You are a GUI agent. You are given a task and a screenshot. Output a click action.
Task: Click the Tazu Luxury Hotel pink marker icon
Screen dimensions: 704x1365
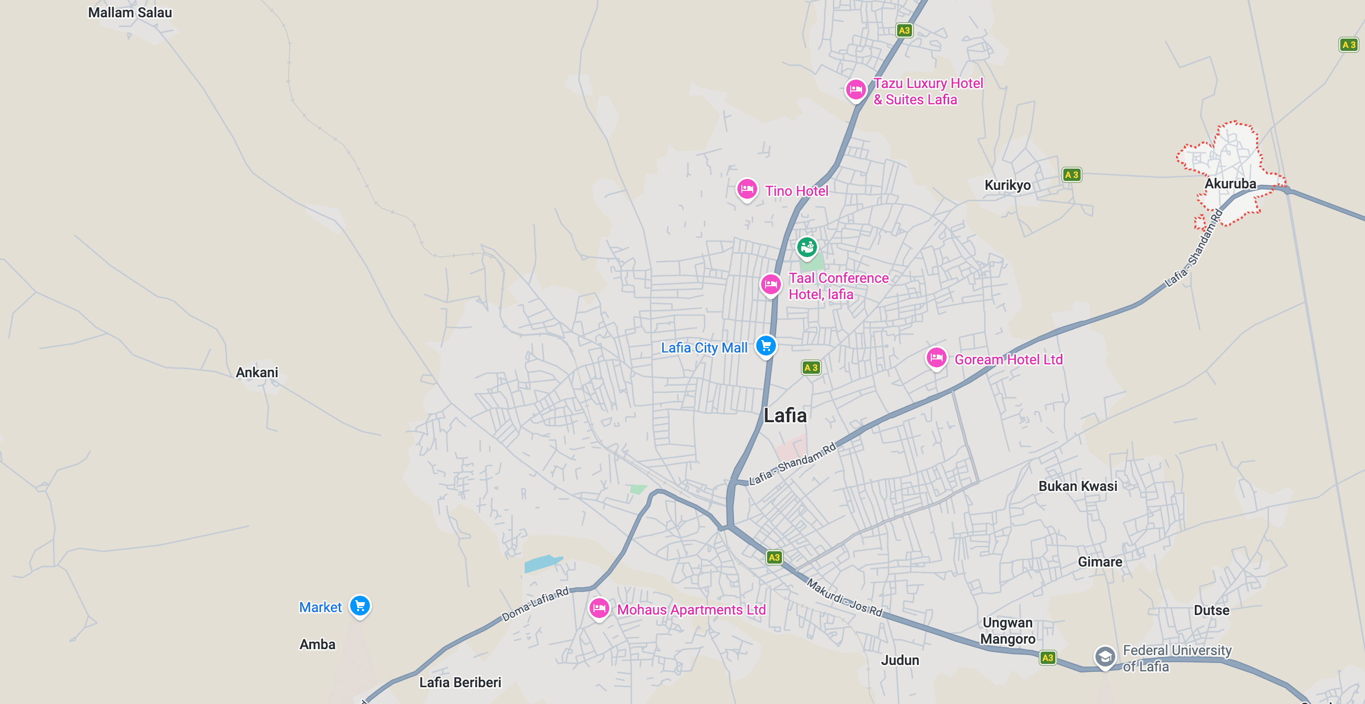pyautogui.click(x=855, y=89)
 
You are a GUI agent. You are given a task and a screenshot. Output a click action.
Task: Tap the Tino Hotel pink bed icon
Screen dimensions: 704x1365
pyautogui.click(x=747, y=188)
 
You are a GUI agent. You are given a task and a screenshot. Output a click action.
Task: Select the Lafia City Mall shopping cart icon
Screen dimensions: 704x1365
pyautogui.click(x=766, y=346)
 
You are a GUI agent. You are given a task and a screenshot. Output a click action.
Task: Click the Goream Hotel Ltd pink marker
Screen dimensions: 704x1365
pyautogui.click(x=936, y=357)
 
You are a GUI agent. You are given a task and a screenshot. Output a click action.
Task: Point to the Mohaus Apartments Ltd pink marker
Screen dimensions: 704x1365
pyautogui.click(x=599, y=608)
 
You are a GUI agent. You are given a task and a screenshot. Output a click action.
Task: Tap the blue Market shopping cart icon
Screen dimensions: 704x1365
pyautogui.click(x=360, y=606)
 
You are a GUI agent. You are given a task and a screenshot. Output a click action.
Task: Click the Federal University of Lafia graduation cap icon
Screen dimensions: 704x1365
pyautogui.click(x=1104, y=657)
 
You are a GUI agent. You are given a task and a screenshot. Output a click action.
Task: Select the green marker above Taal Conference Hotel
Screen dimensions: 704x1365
pyautogui.click(x=807, y=246)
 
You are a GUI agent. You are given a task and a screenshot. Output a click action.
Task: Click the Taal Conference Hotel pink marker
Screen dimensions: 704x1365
pyautogui.click(x=771, y=284)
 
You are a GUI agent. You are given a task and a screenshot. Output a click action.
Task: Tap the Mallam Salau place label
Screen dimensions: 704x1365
pyautogui.click(x=130, y=13)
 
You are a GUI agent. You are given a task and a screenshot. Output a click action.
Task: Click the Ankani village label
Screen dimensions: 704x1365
pyautogui.click(x=257, y=372)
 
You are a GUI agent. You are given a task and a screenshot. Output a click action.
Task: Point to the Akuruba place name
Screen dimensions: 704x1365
pyautogui.click(x=1230, y=184)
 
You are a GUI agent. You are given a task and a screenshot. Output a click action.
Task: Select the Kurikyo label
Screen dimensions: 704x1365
pyautogui.click(x=1007, y=185)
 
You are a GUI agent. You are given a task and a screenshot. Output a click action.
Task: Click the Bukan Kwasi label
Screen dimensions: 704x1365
pyautogui.click(x=1077, y=486)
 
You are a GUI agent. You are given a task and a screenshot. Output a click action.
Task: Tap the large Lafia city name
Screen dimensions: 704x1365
pyautogui.click(x=785, y=415)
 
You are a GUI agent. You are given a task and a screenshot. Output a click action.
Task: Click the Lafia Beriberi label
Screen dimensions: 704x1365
pyautogui.click(x=460, y=682)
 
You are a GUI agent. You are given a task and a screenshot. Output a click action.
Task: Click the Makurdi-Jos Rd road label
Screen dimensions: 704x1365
pyautogui.click(x=844, y=598)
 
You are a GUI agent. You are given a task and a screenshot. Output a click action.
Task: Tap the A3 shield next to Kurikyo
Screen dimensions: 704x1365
pyautogui.click(x=1071, y=175)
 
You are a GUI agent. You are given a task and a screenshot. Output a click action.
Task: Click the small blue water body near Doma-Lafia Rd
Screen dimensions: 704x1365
pyautogui.click(x=542, y=563)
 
